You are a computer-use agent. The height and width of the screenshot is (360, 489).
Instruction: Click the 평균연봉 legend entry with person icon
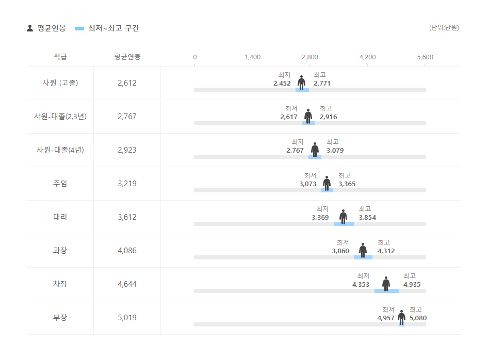46,28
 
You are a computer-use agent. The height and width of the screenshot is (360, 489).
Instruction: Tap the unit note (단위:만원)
444,28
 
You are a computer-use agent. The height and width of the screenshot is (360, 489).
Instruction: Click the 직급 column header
60,57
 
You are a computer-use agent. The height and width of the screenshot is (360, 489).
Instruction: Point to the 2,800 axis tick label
310,57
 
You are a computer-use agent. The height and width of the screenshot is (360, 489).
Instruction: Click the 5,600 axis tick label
425,57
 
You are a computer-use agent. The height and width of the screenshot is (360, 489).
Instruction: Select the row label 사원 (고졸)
60,83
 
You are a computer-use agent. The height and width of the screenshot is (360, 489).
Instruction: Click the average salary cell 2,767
127,117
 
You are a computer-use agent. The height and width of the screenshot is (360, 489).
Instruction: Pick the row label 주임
60,184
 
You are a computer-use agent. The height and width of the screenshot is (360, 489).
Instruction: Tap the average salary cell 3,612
127,217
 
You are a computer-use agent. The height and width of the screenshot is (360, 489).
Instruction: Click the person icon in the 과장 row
363,250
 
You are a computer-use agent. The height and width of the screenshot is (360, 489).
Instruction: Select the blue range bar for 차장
386,291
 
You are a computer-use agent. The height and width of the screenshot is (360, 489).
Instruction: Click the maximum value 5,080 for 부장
418,318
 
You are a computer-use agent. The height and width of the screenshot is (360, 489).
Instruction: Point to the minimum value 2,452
282,84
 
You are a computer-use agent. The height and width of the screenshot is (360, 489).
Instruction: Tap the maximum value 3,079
335,151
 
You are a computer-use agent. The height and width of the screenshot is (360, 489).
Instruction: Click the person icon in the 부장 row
401,317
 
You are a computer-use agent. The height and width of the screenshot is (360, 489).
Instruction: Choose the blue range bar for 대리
344,224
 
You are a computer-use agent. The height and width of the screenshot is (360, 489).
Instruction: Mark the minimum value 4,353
361,285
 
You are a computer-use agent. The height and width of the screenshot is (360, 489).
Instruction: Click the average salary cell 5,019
127,318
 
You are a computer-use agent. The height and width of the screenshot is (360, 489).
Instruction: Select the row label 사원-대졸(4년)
60,150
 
